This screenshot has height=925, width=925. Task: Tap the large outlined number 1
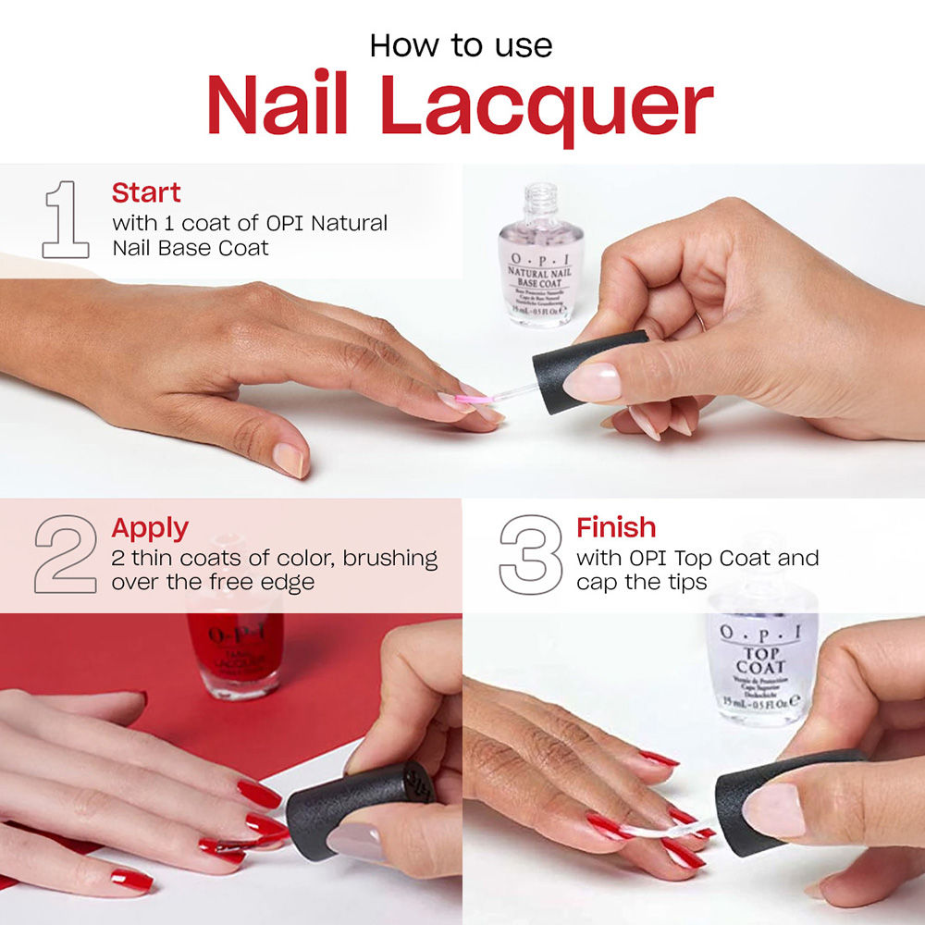click(x=66, y=219)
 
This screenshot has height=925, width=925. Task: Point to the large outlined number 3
click(x=530, y=554)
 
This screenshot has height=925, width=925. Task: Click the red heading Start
click(x=146, y=193)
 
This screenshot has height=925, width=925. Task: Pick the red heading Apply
click(x=150, y=528)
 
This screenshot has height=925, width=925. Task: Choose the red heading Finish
click(x=616, y=528)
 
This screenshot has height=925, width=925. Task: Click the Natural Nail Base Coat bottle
click(x=541, y=268)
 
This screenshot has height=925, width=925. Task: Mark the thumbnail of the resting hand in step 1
click(x=288, y=460)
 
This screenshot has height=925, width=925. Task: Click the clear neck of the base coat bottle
click(x=541, y=201)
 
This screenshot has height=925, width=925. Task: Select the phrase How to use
click(x=461, y=45)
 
